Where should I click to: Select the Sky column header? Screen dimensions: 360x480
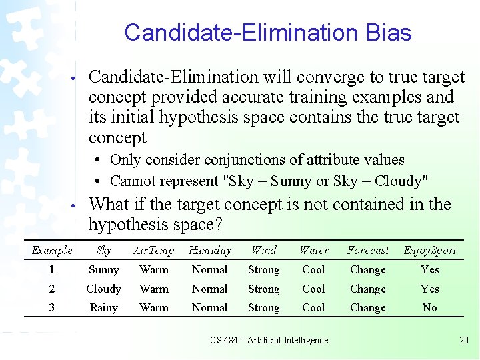pyautogui.click(x=104, y=251)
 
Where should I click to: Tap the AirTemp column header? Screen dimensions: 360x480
pyautogui.click(x=153, y=251)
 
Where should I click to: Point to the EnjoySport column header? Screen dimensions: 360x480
pyautogui.click(x=430, y=251)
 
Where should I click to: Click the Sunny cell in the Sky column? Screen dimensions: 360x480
pyautogui.click(x=104, y=270)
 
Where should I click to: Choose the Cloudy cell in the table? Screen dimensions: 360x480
pyautogui.click(x=104, y=289)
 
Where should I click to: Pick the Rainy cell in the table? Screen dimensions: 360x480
pyautogui.click(x=104, y=308)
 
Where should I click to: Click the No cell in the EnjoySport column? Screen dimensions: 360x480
pyautogui.click(x=430, y=308)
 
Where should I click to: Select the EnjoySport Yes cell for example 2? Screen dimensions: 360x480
pyautogui.click(x=430, y=289)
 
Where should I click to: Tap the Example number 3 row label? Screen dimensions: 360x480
pyautogui.click(x=52, y=308)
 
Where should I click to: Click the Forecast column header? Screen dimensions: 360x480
pyautogui.click(x=368, y=251)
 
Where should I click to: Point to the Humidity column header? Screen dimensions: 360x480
pyautogui.click(x=210, y=251)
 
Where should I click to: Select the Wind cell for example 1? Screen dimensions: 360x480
pyautogui.click(x=263, y=270)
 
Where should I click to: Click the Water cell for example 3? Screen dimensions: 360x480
pyautogui.click(x=313, y=308)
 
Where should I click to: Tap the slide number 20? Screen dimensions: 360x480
pyautogui.click(x=464, y=341)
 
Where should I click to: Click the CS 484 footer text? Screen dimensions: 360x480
pyautogui.click(x=269, y=341)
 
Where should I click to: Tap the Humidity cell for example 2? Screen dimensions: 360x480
pyautogui.click(x=210, y=289)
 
